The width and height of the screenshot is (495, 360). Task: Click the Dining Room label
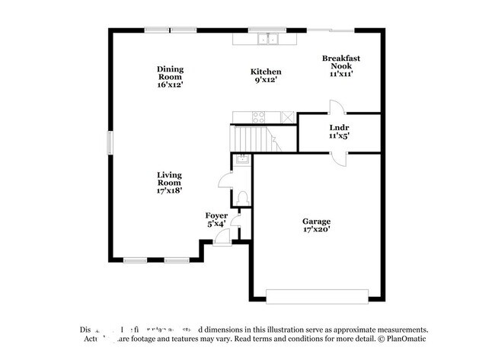coord(171,77)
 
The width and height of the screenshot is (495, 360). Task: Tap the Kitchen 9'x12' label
coord(266,76)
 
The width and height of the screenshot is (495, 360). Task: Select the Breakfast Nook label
coord(340,65)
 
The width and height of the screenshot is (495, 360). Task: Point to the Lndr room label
coord(339,131)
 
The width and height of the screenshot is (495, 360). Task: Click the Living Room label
coord(169,183)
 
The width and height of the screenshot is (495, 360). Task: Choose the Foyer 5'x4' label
coord(216,220)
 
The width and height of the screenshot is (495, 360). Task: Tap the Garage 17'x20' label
coord(316,225)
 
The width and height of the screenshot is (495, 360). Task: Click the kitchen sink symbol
coord(267,39)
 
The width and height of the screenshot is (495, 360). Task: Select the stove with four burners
coord(258,117)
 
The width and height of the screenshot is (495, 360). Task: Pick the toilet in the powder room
coord(242,198)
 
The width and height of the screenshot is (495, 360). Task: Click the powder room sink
coord(241,159)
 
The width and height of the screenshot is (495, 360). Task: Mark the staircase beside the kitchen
coord(251,139)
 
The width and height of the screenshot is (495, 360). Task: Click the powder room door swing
coord(226,180)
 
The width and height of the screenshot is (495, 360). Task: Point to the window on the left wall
coord(110,142)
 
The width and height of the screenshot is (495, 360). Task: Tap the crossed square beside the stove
coord(288,117)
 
